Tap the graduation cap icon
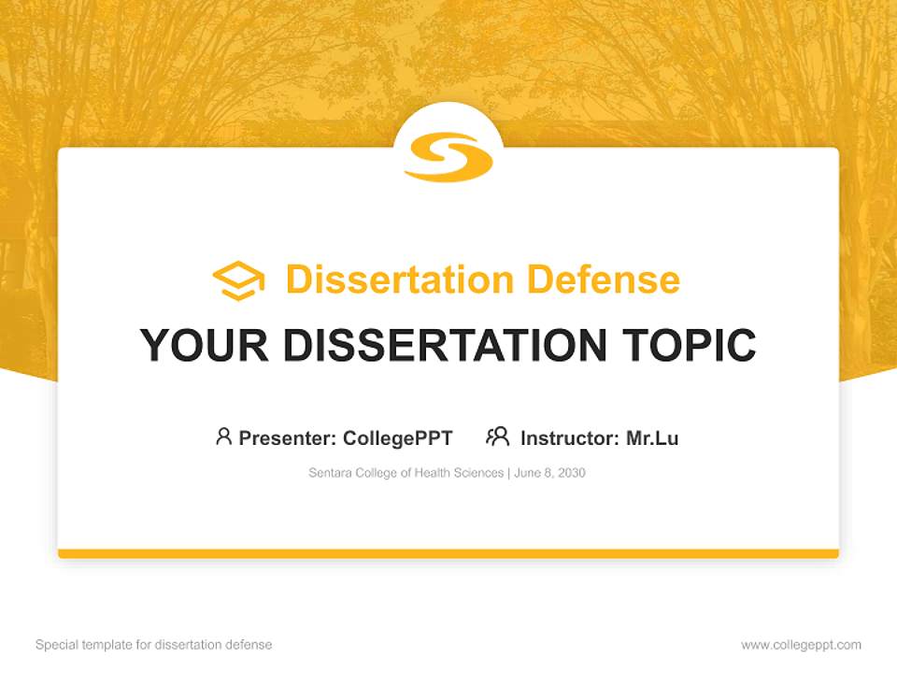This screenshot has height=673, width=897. (238, 280)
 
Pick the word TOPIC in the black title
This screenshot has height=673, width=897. (692, 345)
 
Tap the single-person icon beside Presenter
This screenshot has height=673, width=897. (223, 437)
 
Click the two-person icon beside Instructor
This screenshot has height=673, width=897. (498, 437)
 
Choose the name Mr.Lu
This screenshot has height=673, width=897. (652, 437)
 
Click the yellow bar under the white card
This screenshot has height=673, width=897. (448, 553)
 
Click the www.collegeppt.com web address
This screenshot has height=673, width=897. (801, 645)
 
